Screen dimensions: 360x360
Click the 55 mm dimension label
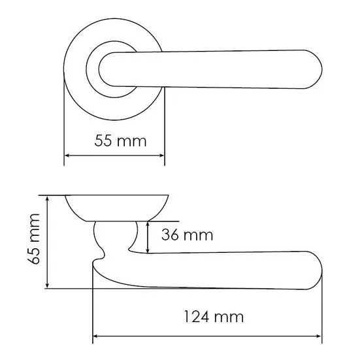pos(120,140)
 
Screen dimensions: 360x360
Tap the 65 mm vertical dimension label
pos(34,239)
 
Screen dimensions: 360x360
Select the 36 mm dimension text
pos(187,235)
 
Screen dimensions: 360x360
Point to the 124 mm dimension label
pos(214,317)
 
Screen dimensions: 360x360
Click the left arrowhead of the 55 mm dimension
pos(67,155)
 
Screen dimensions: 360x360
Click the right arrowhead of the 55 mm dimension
pos(162,155)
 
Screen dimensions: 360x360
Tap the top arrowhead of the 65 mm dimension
pos(47,198)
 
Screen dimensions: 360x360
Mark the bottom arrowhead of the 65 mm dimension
pos(47,286)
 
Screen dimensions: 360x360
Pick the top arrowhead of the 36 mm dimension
pos(148,224)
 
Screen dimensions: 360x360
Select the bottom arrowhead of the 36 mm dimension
pos(148,250)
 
